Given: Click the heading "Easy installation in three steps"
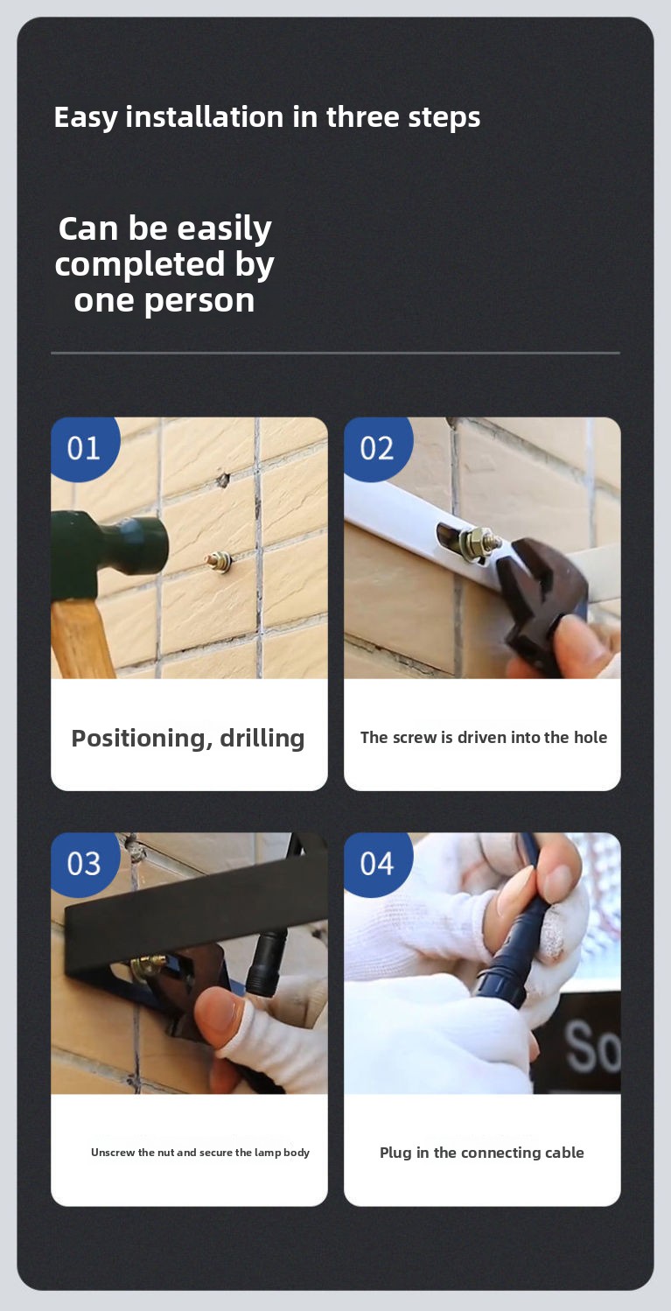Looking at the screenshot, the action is [x=267, y=117].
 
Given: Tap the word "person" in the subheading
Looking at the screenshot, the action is [x=199, y=302].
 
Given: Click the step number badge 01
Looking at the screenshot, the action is [x=84, y=448].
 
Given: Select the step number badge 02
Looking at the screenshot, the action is [x=377, y=448].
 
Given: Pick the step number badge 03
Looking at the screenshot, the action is [x=84, y=864].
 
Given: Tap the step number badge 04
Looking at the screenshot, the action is [x=377, y=864].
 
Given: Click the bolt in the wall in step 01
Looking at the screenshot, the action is [x=219, y=563].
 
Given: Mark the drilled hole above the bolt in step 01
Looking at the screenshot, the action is [x=221, y=480].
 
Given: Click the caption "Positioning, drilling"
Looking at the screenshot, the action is [x=188, y=739].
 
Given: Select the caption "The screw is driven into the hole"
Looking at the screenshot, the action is [x=483, y=738].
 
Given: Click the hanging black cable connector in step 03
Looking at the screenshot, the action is [x=266, y=960].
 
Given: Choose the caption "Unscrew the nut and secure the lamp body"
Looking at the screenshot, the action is [x=200, y=1153].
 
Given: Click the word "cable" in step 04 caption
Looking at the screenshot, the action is [x=564, y=1153].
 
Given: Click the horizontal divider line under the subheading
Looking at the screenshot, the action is [x=335, y=353].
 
